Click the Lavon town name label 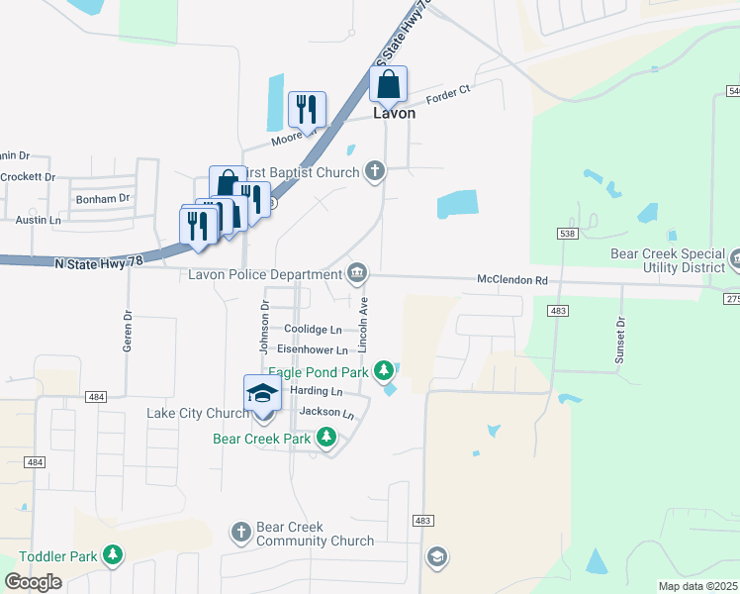(x=394, y=113)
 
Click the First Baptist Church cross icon (x=374, y=172)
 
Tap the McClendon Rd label (x=512, y=280)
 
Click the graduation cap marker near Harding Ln (x=262, y=393)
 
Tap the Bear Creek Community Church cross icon (x=240, y=533)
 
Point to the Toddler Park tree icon (x=114, y=555)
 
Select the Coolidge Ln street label (x=313, y=329)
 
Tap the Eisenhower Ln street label (x=313, y=349)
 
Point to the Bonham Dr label (x=103, y=198)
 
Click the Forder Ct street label (x=447, y=98)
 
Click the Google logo (x=33, y=582)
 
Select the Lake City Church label (x=198, y=413)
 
